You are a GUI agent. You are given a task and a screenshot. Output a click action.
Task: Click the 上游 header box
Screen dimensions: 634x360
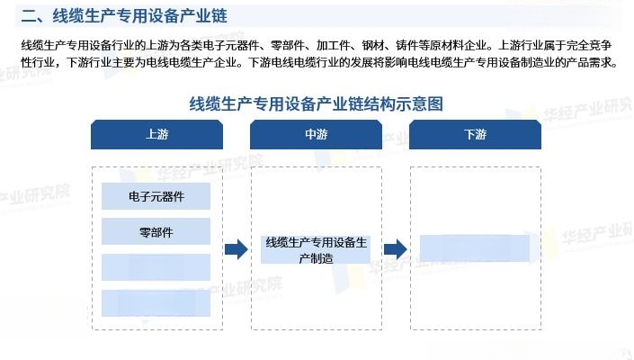tap(156, 134)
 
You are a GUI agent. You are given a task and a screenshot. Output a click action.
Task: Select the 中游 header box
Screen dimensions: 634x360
tap(316, 134)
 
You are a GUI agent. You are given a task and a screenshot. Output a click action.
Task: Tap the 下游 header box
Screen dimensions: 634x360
tap(475, 134)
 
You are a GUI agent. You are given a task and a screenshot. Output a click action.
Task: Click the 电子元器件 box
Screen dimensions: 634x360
tap(156, 196)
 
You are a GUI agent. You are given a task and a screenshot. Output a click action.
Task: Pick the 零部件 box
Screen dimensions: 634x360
tap(156, 231)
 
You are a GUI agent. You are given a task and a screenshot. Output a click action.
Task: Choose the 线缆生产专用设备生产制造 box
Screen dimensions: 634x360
tap(316, 249)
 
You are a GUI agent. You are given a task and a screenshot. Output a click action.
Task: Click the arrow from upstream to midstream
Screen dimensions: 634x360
tap(237, 249)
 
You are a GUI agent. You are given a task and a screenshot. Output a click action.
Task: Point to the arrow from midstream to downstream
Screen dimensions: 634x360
tap(395, 249)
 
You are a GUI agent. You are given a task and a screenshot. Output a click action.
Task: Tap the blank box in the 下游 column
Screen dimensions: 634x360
tap(475, 248)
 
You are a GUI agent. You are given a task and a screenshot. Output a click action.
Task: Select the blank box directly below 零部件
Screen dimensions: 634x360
tap(156, 267)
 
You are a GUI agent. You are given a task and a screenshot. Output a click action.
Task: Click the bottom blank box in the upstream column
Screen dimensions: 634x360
tap(156, 303)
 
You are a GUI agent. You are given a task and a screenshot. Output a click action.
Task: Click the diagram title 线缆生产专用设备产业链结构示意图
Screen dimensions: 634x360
tap(317, 104)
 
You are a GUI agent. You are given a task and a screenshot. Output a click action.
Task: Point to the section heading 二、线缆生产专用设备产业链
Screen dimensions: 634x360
tap(124, 16)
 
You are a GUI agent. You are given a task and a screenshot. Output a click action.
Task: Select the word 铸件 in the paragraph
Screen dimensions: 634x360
tap(406, 45)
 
